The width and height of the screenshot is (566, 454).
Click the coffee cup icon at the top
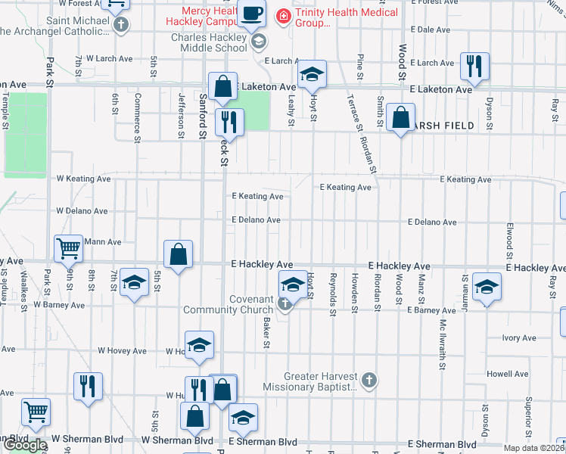pos(252,12)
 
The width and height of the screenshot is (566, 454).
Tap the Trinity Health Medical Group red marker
pos(283,14)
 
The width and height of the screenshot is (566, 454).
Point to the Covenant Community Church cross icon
pos(285,305)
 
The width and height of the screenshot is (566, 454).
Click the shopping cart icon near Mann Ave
pos(68,247)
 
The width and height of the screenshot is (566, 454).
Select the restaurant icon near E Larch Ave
pos(474,66)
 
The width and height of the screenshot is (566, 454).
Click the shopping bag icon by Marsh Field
pos(400,117)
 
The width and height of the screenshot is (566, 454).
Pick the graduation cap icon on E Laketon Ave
pos(310,74)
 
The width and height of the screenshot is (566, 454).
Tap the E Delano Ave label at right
pos(432,222)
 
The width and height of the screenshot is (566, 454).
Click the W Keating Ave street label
pos(83,179)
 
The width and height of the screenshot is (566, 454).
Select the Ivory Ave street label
pos(518,337)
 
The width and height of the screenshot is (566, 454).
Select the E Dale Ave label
pos(434,30)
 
